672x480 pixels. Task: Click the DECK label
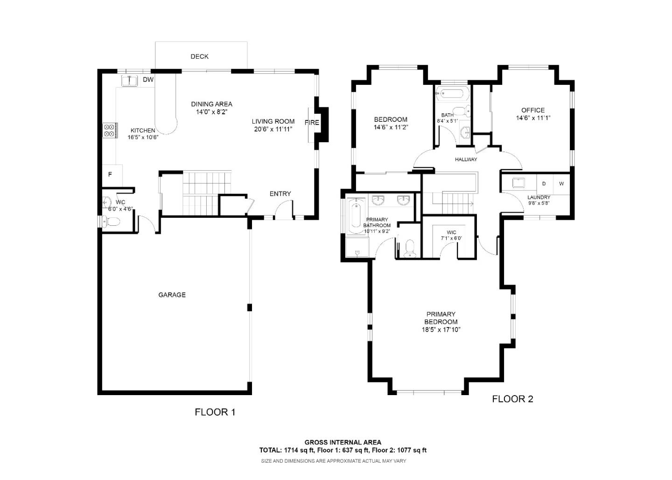coord(200,56)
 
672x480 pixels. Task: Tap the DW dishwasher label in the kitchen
coord(148,79)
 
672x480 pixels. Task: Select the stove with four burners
coord(110,131)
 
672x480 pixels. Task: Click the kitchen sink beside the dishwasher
coord(130,81)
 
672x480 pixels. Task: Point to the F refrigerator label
coord(110,174)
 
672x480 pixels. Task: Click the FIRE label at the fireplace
coord(312,122)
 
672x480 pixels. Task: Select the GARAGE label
coord(172,295)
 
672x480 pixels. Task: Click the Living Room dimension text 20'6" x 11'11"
coord(273,129)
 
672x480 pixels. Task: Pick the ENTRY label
coord(280,194)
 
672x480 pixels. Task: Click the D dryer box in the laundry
coord(544,183)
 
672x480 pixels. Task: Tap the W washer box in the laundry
coord(561,183)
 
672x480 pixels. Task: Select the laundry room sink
coord(518,182)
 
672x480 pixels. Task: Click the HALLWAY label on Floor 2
coord(466,160)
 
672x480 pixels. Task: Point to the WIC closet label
coord(451,232)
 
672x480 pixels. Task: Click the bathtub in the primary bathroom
coord(356,216)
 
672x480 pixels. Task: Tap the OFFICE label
coord(533,110)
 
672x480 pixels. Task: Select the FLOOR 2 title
coord(513,399)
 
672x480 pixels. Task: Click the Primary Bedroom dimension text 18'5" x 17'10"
coord(441,330)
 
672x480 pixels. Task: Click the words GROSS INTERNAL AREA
coord(343,442)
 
